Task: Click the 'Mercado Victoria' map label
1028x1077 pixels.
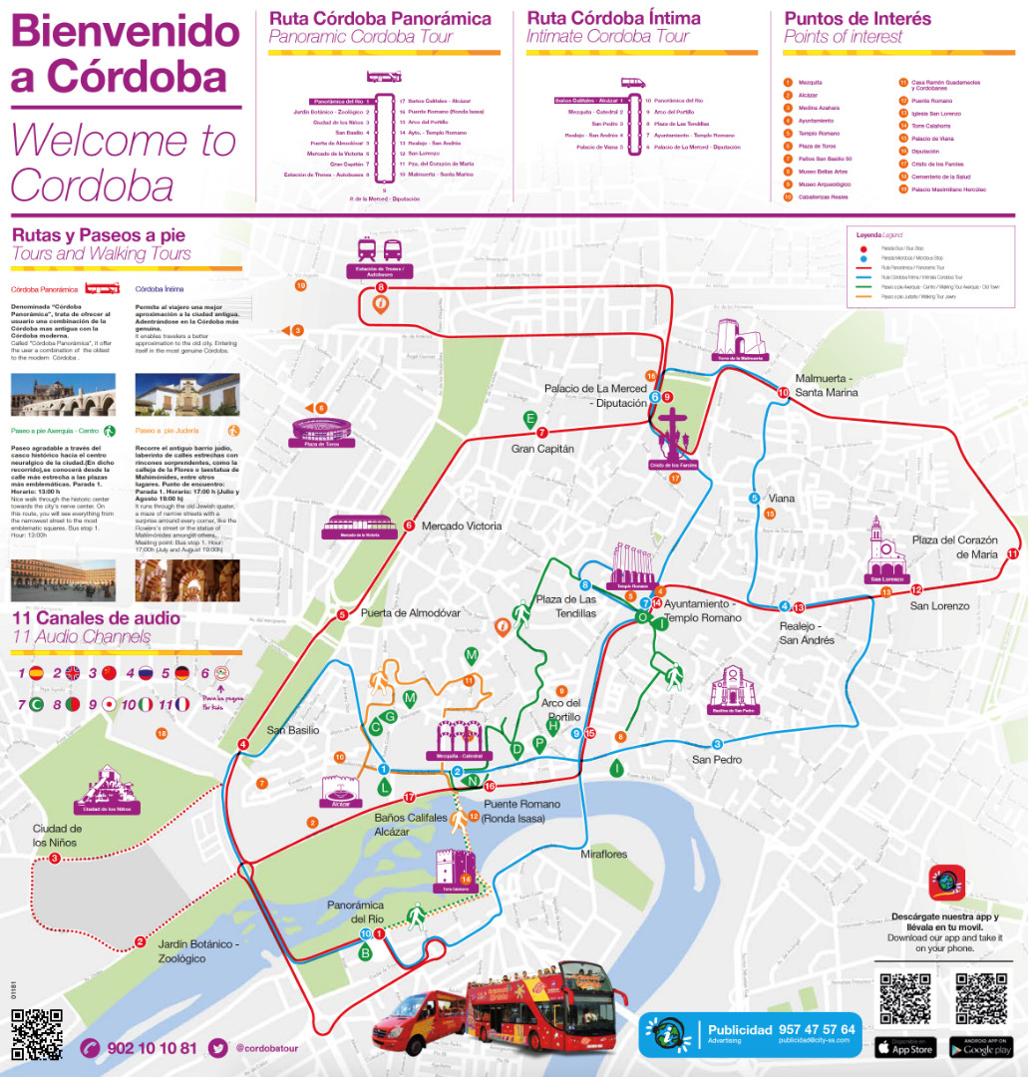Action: pyautogui.click(x=462, y=526)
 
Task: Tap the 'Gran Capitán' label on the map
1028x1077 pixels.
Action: pyautogui.click(x=542, y=449)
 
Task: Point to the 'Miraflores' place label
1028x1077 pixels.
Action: pyautogui.click(x=604, y=854)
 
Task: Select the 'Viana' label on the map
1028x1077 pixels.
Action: pyautogui.click(x=781, y=498)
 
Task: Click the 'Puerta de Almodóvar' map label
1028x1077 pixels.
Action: pyautogui.click(x=410, y=613)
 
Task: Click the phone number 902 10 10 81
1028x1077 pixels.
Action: pyautogui.click(x=152, y=1048)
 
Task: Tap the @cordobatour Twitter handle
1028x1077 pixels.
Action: pyautogui.click(x=267, y=1048)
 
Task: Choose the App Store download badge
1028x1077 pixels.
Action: pyautogui.click(x=904, y=1047)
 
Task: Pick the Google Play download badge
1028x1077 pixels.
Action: pyautogui.click(x=981, y=1047)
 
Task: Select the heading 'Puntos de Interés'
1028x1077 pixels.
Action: pyautogui.click(x=857, y=19)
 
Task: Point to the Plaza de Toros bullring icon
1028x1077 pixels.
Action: pyautogui.click(x=322, y=432)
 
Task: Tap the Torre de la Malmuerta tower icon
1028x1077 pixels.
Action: pyautogui.click(x=738, y=339)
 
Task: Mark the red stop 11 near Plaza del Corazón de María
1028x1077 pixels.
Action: pyautogui.click(x=1013, y=553)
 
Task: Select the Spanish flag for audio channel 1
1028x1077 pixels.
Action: pyautogui.click(x=37, y=673)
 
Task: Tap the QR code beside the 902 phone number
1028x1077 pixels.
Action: pyautogui.click(x=37, y=1034)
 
